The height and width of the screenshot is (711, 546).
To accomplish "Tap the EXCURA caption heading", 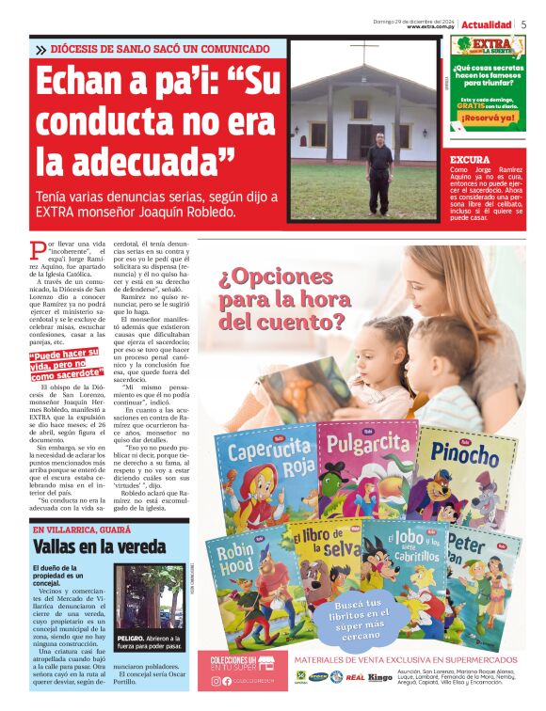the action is [x=470, y=160].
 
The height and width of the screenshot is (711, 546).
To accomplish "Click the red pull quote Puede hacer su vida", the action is [x=69, y=364].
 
